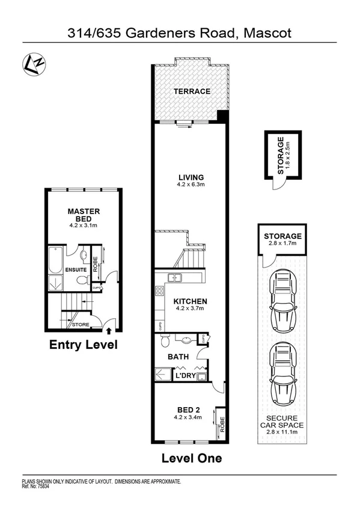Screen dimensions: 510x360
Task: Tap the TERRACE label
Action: click(x=192, y=91)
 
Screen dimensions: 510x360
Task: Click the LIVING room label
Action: click(x=192, y=177)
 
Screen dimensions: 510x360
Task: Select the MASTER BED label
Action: click(x=84, y=215)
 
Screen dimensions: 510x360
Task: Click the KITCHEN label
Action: click(x=191, y=301)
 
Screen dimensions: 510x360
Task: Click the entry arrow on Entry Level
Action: click(x=109, y=329)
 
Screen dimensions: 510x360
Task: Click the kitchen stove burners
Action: click(x=160, y=292)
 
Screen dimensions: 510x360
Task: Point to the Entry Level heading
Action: click(x=83, y=345)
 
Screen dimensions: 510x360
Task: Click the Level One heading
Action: click(x=192, y=458)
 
